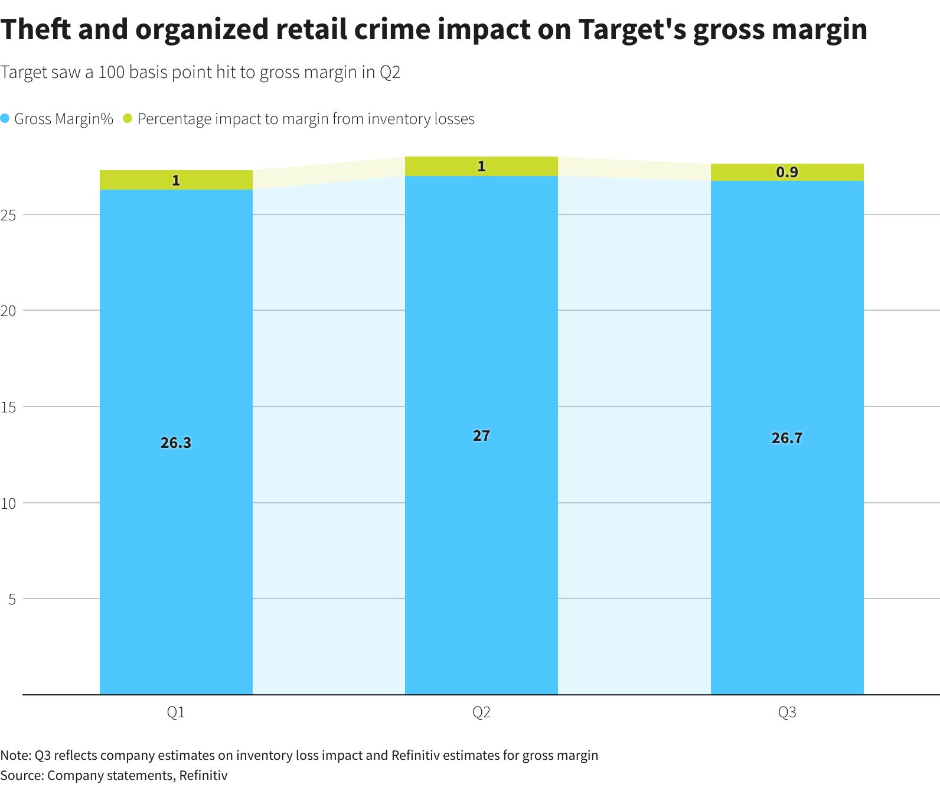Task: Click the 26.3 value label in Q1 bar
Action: (176, 443)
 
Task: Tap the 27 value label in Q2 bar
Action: (481, 435)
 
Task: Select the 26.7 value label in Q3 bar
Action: (786, 438)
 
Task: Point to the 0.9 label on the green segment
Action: (786, 172)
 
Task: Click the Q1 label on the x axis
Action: (176, 713)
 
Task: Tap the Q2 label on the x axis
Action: (481, 713)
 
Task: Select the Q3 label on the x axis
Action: (786, 713)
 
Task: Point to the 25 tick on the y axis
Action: (8, 214)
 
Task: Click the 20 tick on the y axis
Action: (8, 311)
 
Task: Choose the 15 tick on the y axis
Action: (8, 407)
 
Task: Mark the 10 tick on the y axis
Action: (8, 503)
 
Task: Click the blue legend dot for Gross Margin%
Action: (5, 118)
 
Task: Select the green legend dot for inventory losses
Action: (128, 118)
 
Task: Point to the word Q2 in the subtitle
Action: (390, 73)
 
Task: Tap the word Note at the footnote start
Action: (14, 755)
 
